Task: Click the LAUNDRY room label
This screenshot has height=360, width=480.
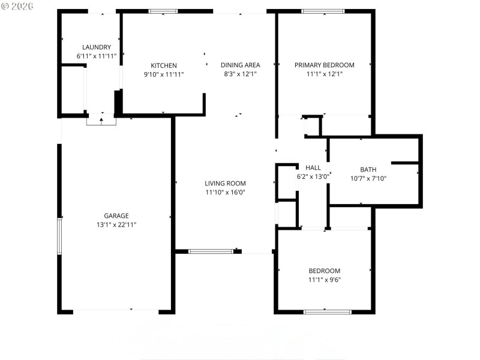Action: pyautogui.click(x=97, y=47)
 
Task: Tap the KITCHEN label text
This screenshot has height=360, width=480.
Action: pyautogui.click(x=163, y=65)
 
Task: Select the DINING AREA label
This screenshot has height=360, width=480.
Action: pyautogui.click(x=240, y=65)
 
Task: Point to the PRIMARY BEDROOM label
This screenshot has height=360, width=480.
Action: pyautogui.click(x=324, y=65)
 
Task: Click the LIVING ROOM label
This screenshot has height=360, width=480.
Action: pyautogui.click(x=225, y=184)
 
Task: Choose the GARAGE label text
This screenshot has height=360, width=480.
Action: pyautogui.click(x=116, y=216)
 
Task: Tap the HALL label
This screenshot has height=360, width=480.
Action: pyautogui.click(x=313, y=168)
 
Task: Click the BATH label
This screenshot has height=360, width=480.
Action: pyautogui.click(x=368, y=170)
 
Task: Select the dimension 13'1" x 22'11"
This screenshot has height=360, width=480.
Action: pyautogui.click(x=116, y=224)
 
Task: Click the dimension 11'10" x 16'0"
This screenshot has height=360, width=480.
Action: pyautogui.click(x=225, y=193)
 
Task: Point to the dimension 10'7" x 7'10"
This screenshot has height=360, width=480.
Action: pyautogui.click(x=368, y=178)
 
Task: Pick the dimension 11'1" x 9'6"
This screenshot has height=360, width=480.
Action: pyautogui.click(x=324, y=279)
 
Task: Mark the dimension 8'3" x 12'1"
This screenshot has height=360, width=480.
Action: pyautogui.click(x=240, y=74)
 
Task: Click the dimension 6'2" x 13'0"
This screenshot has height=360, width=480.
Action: pyautogui.click(x=313, y=176)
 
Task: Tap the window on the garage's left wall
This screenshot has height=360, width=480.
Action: pyautogui.click(x=59, y=236)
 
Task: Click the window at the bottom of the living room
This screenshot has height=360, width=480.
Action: pyautogui.click(x=211, y=251)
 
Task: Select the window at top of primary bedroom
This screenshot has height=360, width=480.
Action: pyautogui.click(x=323, y=11)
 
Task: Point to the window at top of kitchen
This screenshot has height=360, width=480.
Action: pyautogui.click(x=163, y=11)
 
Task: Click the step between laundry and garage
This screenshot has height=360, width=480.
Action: pyautogui.click(x=101, y=121)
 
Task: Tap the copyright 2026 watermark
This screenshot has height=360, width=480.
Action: pyautogui.click(x=18, y=5)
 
